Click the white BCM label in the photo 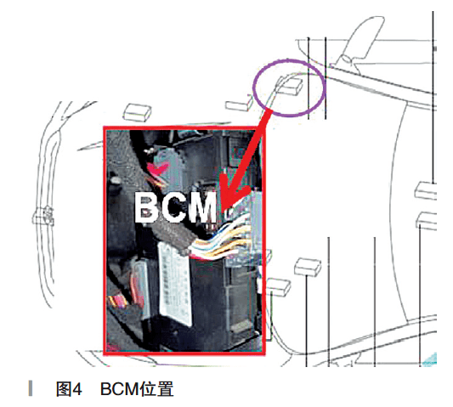pos(176,207)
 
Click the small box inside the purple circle pos(290,85)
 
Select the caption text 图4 pos(69,389)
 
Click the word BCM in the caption pos(120,389)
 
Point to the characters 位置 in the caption pos(156,389)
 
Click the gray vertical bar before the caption pos(31,388)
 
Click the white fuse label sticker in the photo pos(175,285)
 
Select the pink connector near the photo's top pos(157,167)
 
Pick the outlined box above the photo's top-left pos(137,112)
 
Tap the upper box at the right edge pos(426,190)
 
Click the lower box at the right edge pos(427,221)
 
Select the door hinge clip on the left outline pos(43,216)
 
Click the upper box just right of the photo pos(308,267)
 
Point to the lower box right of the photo pos(278,287)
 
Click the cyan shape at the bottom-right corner pos(430,359)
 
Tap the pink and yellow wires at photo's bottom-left pos(118,302)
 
